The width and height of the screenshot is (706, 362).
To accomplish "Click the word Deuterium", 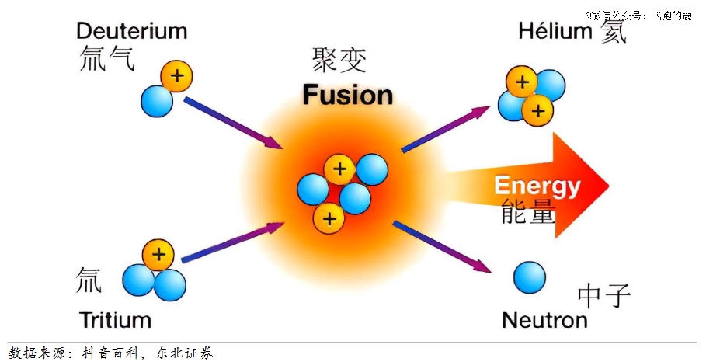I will [131, 31].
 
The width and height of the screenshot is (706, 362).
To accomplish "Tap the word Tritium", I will [114, 319].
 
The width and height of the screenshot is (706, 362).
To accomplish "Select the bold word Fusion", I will [347, 96].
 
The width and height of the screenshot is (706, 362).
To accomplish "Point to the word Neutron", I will [544, 319].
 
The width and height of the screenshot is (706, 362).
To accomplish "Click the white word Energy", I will [537, 186].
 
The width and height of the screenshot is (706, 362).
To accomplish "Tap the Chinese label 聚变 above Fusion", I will [339, 60].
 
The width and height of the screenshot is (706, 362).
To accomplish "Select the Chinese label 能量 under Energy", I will [528, 211].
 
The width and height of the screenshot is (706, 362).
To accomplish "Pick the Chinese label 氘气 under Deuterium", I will [106, 58].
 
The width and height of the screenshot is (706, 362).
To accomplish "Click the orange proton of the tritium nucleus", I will [158, 254].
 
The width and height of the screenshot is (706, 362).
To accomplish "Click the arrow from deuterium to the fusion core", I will [232, 123].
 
